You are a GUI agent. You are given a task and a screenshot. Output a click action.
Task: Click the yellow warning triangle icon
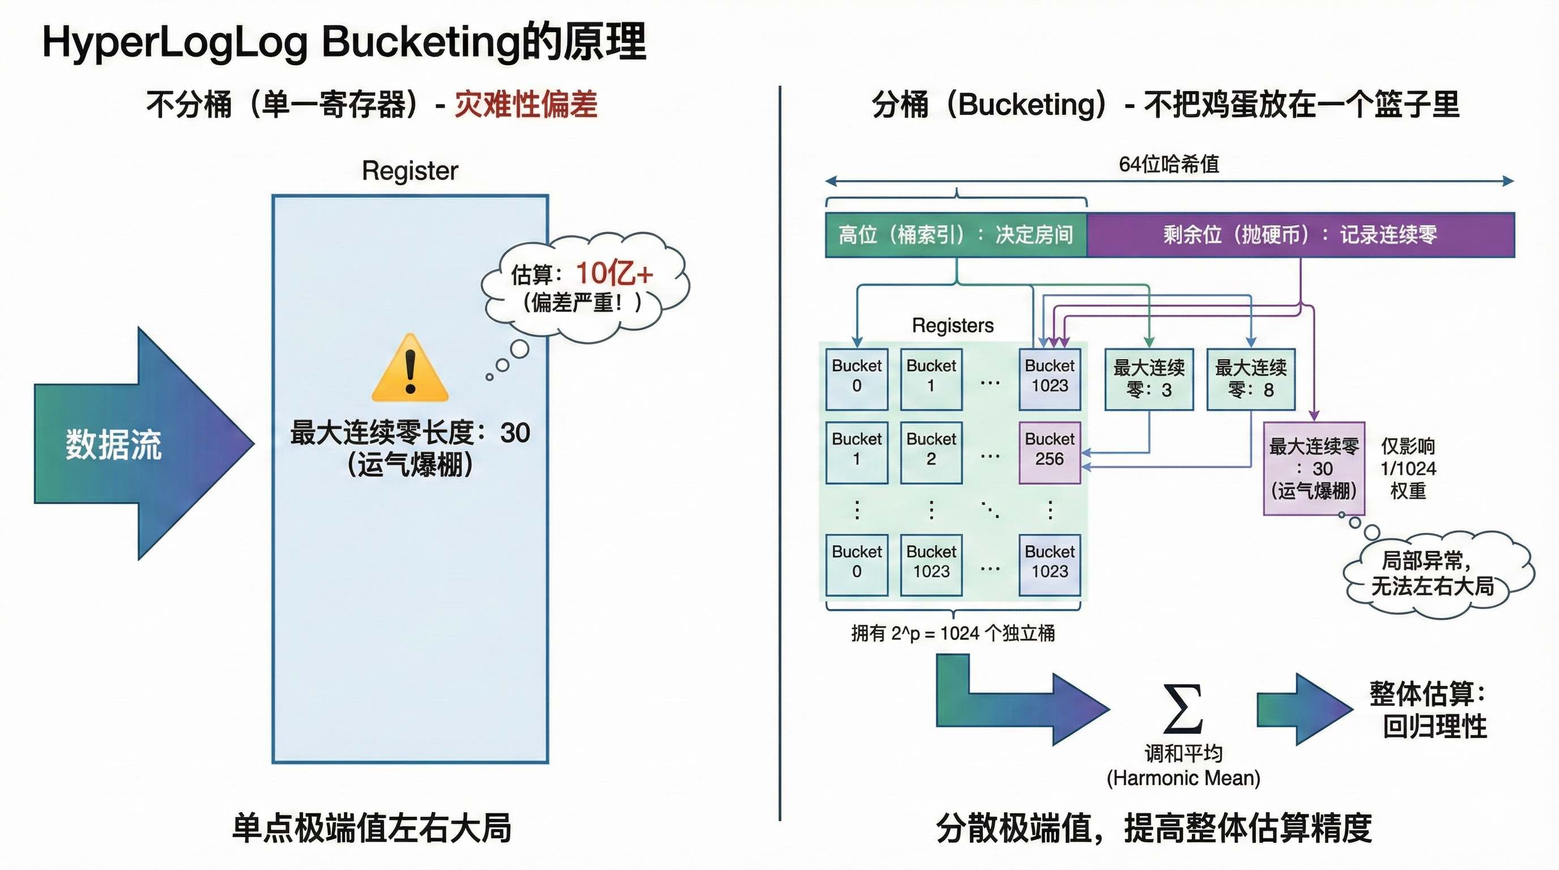tap(410, 369)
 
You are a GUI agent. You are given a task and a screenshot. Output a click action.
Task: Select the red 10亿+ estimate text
tap(614, 273)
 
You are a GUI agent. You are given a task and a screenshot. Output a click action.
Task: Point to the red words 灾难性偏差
tap(526, 104)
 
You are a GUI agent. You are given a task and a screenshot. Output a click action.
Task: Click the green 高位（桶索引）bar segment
tap(956, 234)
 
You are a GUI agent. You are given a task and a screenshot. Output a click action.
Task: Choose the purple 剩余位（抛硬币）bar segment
tap(1300, 234)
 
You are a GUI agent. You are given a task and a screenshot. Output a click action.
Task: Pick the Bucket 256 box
tap(1049, 453)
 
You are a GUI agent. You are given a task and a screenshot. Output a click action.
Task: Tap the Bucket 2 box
tap(931, 453)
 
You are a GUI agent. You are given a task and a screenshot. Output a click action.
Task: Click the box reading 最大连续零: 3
tap(1149, 379)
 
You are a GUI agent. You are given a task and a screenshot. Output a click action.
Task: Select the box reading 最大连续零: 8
tap(1250, 379)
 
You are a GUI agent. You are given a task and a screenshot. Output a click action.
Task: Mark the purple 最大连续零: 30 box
tap(1313, 468)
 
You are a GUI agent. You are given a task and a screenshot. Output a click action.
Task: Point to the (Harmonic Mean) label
tap(1183, 778)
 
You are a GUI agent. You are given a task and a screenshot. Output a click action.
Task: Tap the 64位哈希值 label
tap(1168, 164)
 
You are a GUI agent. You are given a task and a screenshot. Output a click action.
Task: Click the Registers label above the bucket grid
tap(953, 326)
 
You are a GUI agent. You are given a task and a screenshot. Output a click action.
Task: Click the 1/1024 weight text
tap(1408, 468)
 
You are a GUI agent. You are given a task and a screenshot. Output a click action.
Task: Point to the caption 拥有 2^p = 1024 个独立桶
tap(953, 633)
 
